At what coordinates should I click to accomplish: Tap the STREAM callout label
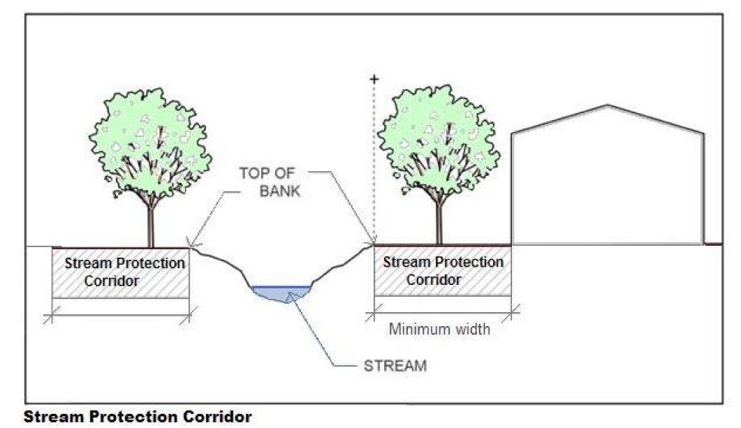click(395, 365)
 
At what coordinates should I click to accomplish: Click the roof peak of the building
click(608, 105)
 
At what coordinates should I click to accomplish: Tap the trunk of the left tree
click(150, 223)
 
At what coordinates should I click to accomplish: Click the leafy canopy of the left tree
click(151, 140)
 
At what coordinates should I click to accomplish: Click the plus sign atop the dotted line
click(374, 80)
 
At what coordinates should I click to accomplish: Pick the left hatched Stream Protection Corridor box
click(120, 273)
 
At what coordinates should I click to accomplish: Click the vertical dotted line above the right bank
click(374, 161)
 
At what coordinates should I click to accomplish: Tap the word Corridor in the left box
click(111, 281)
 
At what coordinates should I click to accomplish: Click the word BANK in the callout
click(279, 190)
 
